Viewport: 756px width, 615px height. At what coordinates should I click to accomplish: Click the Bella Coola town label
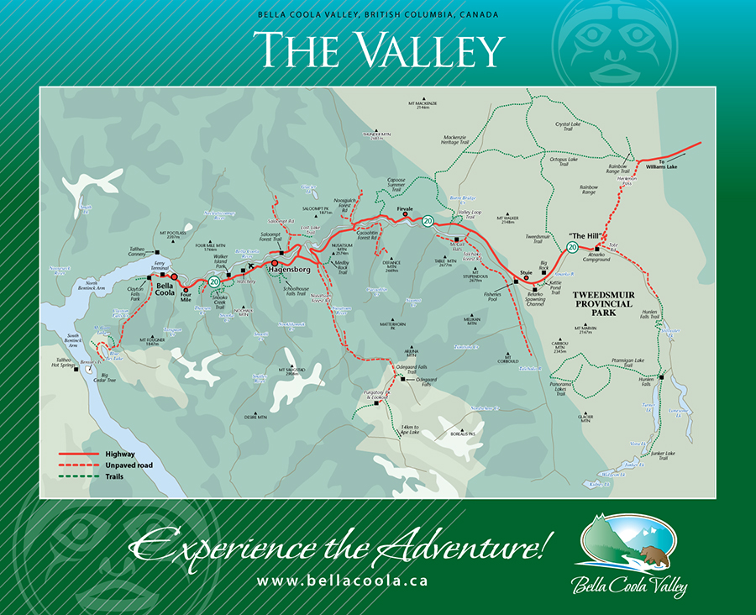[x=165, y=289]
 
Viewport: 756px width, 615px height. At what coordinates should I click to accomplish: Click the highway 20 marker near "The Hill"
[x=572, y=247]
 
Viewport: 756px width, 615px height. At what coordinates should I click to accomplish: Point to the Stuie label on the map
[x=528, y=273]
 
